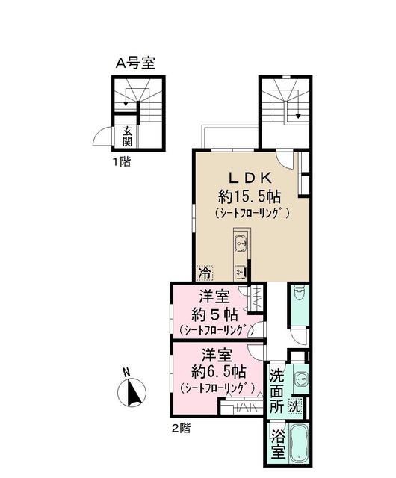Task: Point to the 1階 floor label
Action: tap(121, 160)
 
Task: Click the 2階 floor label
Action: tap(181, 428)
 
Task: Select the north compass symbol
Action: tap(132, 391)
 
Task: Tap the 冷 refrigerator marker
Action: tap(203, 273)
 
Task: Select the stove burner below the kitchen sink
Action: tap(241, 270)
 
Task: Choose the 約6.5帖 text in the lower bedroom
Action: tap(219, 370)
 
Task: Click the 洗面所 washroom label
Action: tap(276, 391)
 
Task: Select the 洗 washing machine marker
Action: tap(297, 407)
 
